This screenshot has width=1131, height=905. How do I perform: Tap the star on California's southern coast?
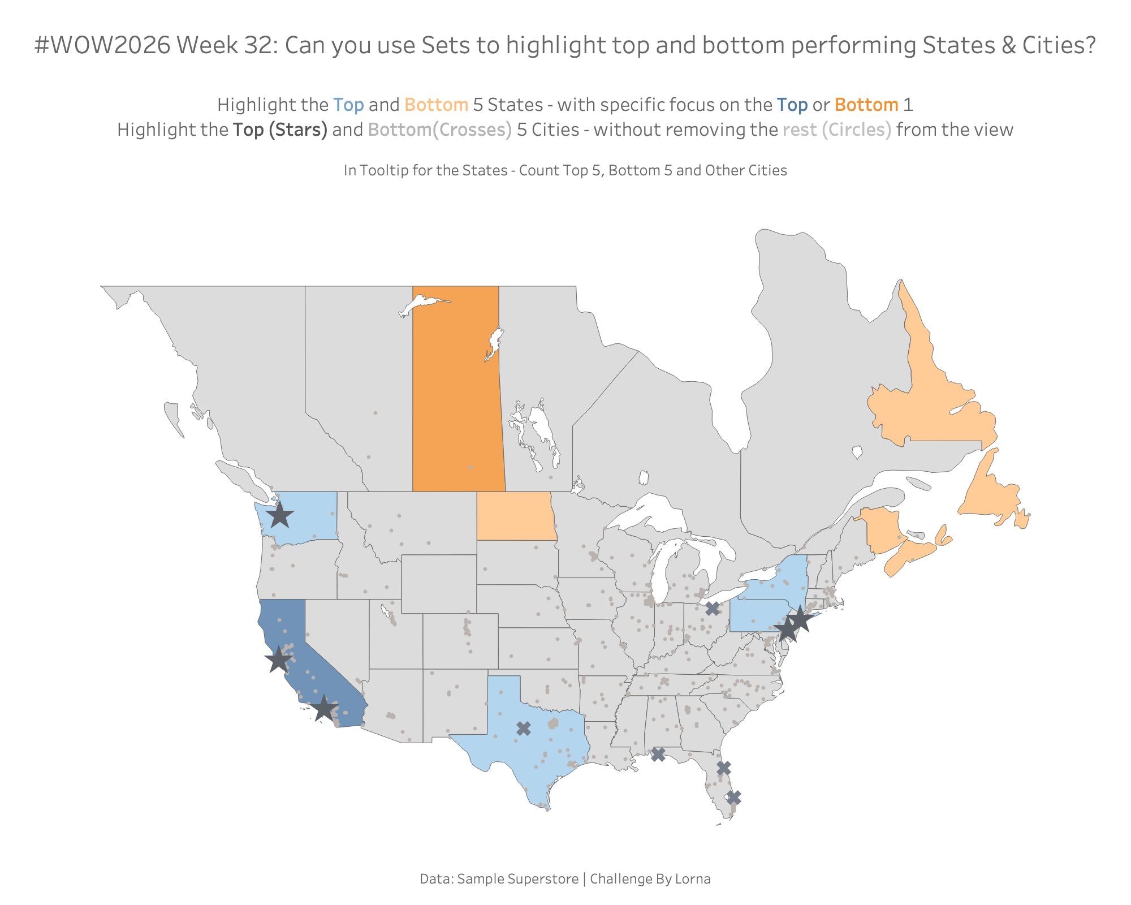click(323, 708)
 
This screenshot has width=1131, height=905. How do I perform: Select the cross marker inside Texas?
click(524, 729)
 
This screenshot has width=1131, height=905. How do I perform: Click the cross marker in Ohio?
click(713, 609)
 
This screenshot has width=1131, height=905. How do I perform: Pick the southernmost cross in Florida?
click(733, 798)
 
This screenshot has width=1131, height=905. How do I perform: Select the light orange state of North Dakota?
click(516, 516)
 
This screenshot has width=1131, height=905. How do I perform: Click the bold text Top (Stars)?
click(280, 130)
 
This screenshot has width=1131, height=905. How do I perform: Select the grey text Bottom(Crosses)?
click(440, 130)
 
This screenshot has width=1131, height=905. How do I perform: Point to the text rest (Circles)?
click(837, 130)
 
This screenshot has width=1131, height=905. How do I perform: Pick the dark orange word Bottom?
click(866, 105)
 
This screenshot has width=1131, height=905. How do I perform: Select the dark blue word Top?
click(792, 106)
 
